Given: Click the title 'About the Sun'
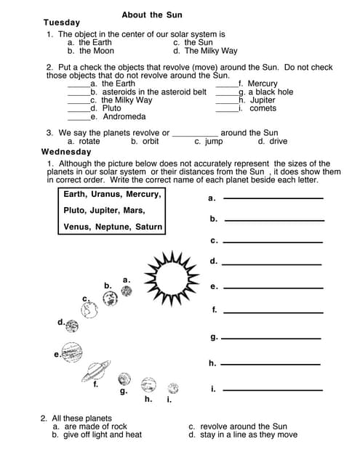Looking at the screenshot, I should pyautogui.click(x=152, y=15).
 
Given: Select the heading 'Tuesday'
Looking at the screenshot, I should pyautogui.click(x=62, y=23).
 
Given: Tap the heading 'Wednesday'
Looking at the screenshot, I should pyautogui.click(x=66, y=153).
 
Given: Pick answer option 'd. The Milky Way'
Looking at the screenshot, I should pyautogui.click(x=205, y=52).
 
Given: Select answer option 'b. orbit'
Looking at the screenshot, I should pyautogui.click(x=145, y=142).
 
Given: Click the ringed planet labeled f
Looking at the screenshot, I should pyautogui.click(x=95, y=371).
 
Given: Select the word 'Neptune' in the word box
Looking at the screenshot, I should pyautogui.click(x=112, y=227).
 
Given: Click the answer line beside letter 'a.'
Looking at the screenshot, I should pyautogui.click(x=273, y=198).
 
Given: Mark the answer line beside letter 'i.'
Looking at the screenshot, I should pyautogui.click(x=272, y=389).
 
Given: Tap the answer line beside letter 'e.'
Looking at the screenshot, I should pyautogui.click(x=273, y=287).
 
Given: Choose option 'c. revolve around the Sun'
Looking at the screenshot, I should pyautogui.click(x=238, y=426).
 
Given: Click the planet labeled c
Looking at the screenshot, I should pyautogui.click(x=90, y=311).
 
